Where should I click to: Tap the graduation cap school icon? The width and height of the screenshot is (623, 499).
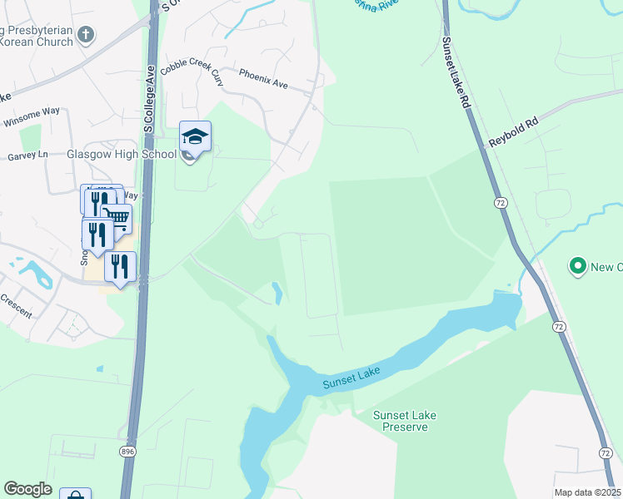point(195,137)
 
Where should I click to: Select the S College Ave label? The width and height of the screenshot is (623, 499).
point(150,100)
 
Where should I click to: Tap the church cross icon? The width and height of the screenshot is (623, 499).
point(85,35)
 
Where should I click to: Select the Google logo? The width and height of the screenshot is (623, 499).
point(27,489)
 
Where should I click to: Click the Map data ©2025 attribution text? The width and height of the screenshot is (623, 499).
point(586,492)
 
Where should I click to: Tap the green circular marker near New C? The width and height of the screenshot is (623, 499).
point(576,266)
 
